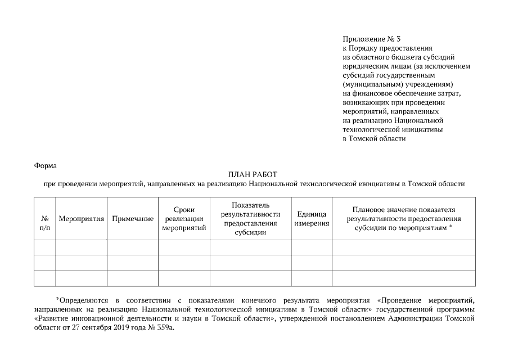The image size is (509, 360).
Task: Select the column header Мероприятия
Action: pyautogui.click(x=81, y=218)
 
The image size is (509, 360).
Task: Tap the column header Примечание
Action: pyautogui.click(x=133, y=218)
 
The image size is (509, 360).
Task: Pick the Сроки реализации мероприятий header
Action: pyautogui.click(x=184, y=218)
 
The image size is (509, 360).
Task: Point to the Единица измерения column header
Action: pyautogui.click(x=311, y=218)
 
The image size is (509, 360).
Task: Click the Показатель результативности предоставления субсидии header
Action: pyautogui.click(x=250, y=218)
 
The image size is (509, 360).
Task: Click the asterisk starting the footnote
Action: pyautogui.click(x=57, y=299)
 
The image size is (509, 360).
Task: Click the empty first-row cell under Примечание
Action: pyautogui.click(x=133, y=247)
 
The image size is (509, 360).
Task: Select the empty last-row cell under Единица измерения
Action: pyautogui.click(x=311, y=278)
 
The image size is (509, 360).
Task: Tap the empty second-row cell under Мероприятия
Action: pyautogui.click(x=81, y=263)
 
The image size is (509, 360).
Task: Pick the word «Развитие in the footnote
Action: pyautogui.click(x=51, y=318)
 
